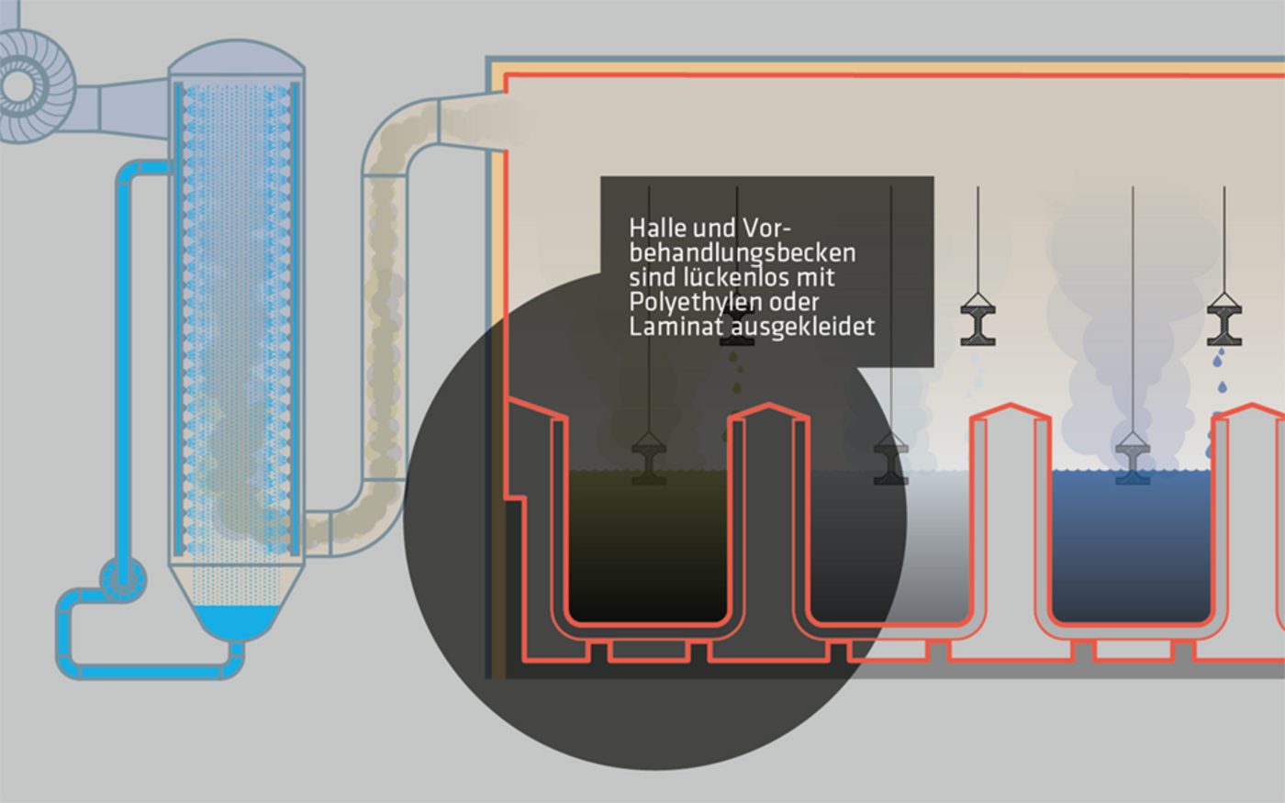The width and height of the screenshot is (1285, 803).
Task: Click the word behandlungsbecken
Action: coord(743,252)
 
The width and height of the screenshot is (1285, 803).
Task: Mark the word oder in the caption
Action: coord(795,302)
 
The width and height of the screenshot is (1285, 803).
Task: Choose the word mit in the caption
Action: coord(816,277)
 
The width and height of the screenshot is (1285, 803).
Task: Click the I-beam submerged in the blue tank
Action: coord(1133,463)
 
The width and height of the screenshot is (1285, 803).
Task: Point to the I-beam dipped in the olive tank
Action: coord(649,461)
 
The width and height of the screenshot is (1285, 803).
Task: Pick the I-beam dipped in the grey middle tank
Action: coord(890,461)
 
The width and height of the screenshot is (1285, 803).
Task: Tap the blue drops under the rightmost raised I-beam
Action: coord(1219,360)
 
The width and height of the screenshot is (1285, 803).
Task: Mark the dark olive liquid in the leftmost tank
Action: coord(648,551)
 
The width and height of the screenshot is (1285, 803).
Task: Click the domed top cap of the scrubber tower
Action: coord(237,57)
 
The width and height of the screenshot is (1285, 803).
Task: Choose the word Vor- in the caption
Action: coord(767,228)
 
